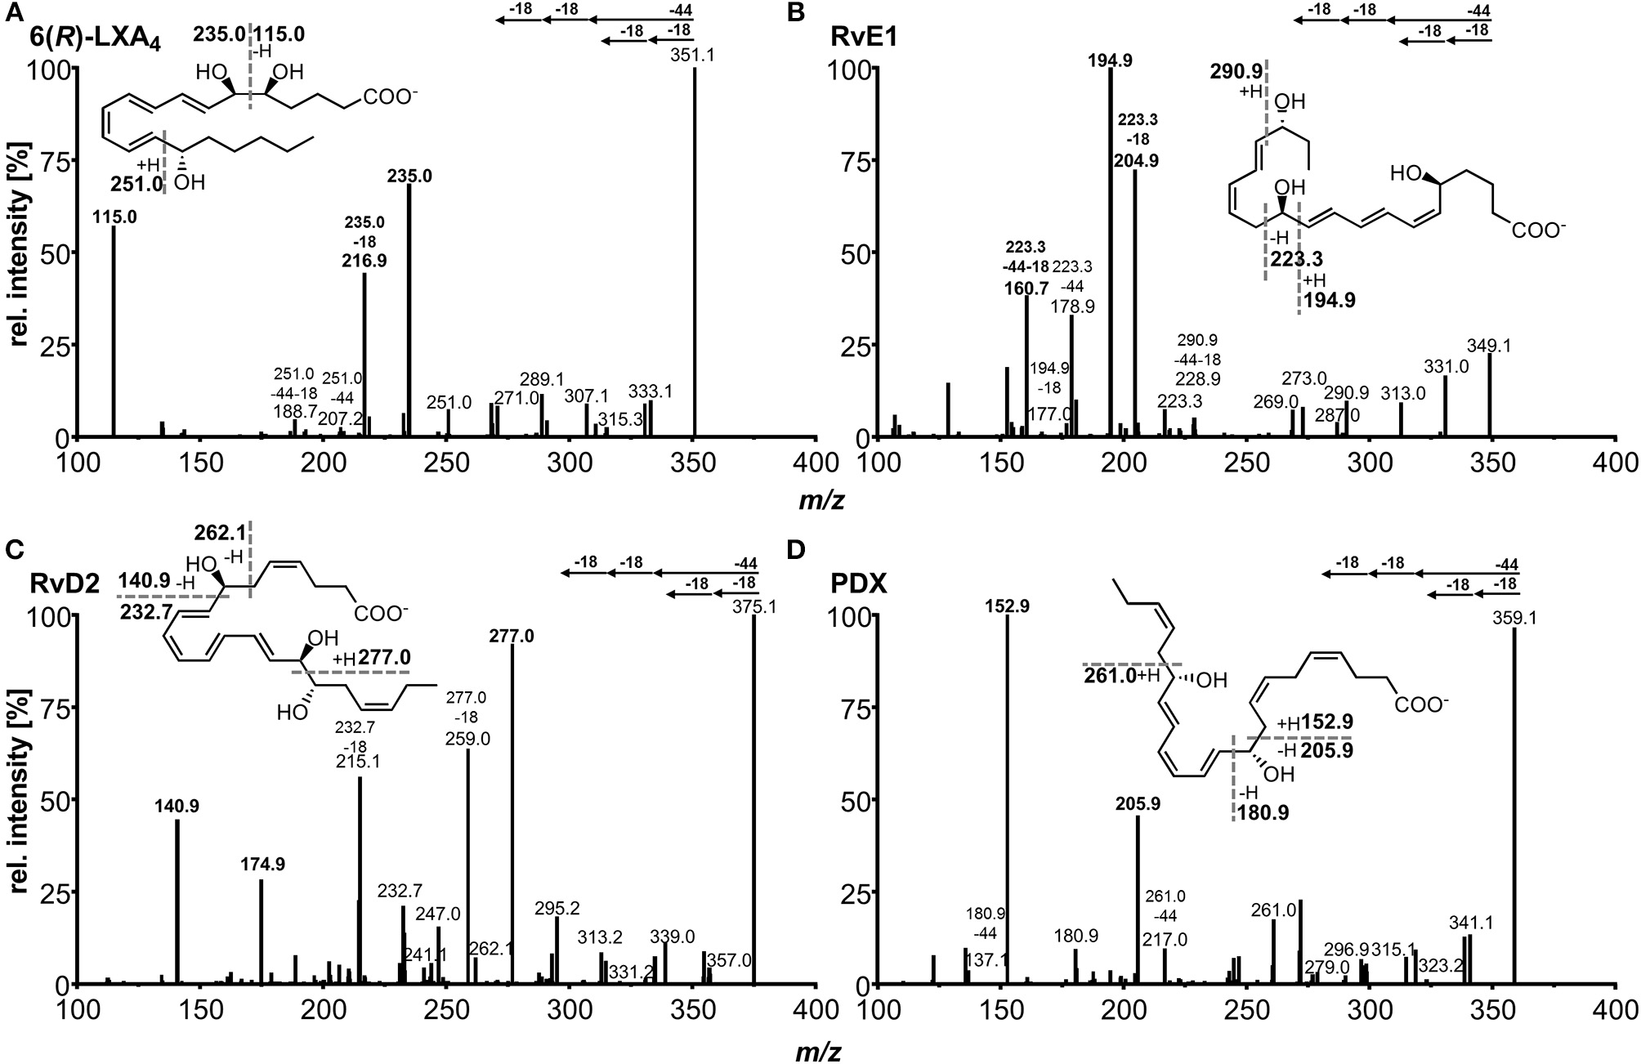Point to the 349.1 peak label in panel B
[1489, 346]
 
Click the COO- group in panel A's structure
[391, 98]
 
